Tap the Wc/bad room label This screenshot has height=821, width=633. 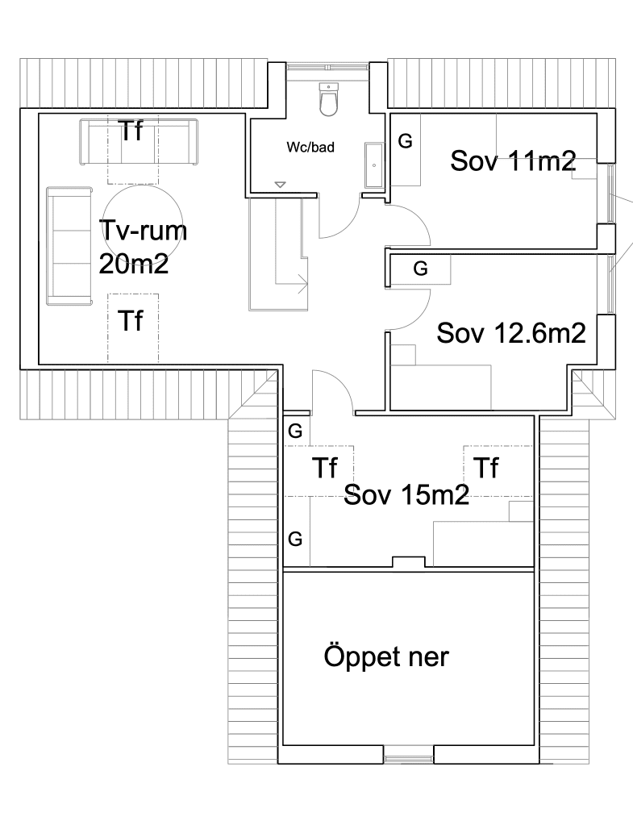tap(310, 147)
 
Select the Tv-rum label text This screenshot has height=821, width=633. tap(143, 231)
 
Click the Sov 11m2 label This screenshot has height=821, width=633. tap(513, 160)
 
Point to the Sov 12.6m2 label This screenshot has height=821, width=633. tap(511, 333)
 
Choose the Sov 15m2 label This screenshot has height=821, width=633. tap(406, 494)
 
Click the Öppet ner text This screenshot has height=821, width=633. tap(386, 656)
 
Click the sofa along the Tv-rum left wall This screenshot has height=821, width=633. tap(69, 245)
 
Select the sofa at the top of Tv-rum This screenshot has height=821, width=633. tap(139, 143)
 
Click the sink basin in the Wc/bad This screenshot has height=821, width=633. tap(374, 165)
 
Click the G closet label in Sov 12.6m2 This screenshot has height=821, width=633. tap(420, 269)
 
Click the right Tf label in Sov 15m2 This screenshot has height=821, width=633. tap(486, 468)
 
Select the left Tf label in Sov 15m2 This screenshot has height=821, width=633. tap(325, 468)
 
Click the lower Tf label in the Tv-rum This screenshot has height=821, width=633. tap(131, 320)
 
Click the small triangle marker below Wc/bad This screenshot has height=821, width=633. tap(280, 185)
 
